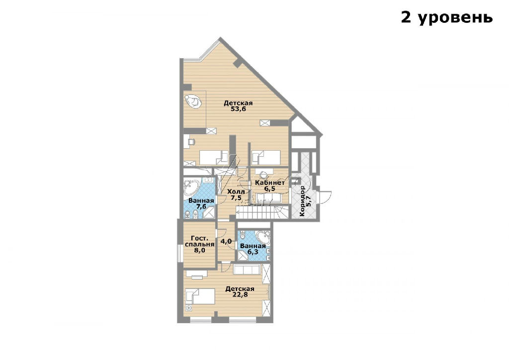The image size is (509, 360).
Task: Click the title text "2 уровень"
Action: tap(447, 17)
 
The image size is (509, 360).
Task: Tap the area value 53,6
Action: tap(238, 109)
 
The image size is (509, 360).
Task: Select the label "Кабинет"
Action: tap(270, 182)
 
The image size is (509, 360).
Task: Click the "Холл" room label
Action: tap(236, 191)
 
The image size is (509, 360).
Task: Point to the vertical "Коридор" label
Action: tap(303, 201)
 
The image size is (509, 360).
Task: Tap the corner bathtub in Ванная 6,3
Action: tap(263, 238)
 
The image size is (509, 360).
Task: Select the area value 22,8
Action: tap(240, 295)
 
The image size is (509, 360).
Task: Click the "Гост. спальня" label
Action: tap(200, 241)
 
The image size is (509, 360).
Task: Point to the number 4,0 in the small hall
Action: tap(226, 241)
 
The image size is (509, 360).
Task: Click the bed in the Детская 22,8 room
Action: tap(200, 296)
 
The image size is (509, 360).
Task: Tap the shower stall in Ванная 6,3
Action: tap(243, 255)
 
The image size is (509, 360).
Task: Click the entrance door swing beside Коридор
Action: tap(326, 196)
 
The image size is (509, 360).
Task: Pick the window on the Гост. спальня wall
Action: tap(179, 253)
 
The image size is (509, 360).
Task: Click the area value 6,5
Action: tap(270, 188)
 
